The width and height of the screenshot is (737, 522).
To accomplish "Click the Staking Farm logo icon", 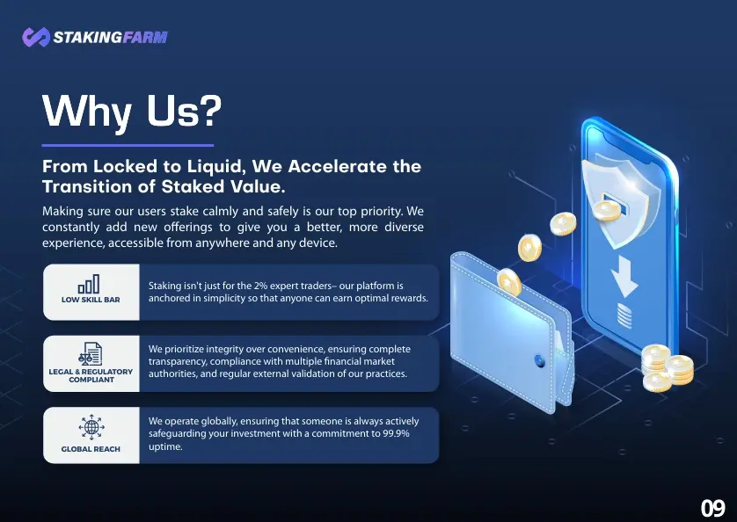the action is coord(36,37).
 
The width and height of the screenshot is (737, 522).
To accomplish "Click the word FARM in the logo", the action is coord(145,37).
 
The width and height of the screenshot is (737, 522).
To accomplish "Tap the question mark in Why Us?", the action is coord(208,110).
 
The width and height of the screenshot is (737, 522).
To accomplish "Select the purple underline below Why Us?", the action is coord(128,145).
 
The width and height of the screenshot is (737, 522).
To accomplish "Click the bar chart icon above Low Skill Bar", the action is coord(89,284).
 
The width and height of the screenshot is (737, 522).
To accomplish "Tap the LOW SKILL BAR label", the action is coord(91,300).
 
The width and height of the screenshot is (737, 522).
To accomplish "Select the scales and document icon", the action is coord(91,354).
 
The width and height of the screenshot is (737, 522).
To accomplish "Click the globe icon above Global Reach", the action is coord(91,427).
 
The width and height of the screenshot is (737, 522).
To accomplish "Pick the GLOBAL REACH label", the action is coord(91,449).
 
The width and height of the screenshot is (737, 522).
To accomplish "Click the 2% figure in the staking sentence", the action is coord(260,286).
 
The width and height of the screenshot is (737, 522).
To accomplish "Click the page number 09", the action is coord(713,508).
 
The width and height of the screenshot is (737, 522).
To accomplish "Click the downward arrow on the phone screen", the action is coord(624,276).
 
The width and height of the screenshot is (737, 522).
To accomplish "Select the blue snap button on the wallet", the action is coord(540,361).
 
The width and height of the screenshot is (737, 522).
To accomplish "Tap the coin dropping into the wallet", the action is coord(509,282).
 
